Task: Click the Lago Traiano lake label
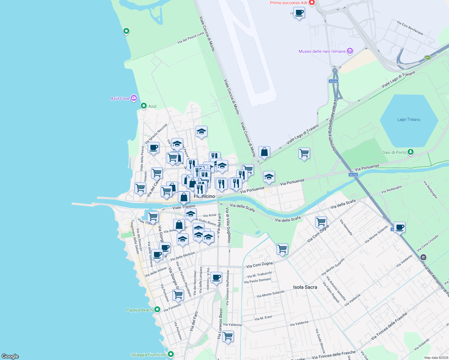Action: (x=409, y=119)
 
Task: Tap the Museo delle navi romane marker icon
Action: (x=350, y=51)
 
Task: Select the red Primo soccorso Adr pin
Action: (x=312, y=3)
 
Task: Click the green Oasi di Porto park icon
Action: (x=411, y=152)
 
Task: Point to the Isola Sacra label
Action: (x=305, y=287)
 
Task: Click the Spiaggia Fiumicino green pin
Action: (x=171, y=354)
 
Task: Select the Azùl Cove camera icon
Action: (x=134, y=98)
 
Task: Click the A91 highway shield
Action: (x=428, y=58)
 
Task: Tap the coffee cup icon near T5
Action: (x=299, y=13)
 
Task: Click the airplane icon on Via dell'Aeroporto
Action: (x=423, y=257)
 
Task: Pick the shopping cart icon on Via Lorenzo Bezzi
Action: (x=228, y=335)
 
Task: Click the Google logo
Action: (x=10, y=356)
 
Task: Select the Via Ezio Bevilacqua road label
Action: (x=410, y=28)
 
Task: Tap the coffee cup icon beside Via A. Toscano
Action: (x=216, y=277)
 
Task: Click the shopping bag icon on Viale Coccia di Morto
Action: (x=264, y=152)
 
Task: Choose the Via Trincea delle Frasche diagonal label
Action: (x=389, y=326)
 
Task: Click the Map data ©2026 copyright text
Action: (x=436, y=358)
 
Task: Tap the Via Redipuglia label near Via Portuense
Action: (x=391, y=189)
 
